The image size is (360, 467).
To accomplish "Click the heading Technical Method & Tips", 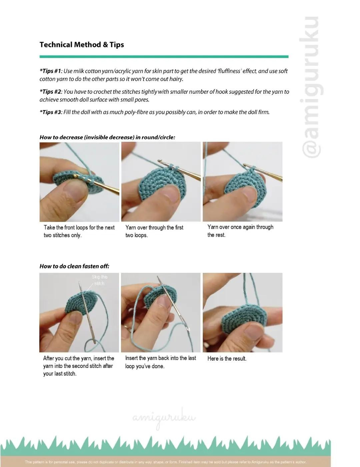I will (82, 45).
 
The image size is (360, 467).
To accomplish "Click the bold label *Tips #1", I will (50, 71).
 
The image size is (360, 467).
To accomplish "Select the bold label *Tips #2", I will (50, 92).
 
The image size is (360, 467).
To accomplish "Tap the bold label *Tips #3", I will (50, 112).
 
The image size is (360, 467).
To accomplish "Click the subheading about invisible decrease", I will (107, 137).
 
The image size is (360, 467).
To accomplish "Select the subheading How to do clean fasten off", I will (74, 266).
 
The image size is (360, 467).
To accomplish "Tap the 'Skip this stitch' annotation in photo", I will (100, 280).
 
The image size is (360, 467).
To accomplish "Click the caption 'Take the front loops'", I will (79, 231).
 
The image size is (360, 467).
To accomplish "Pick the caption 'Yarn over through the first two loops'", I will (154, 231).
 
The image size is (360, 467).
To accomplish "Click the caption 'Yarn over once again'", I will (240, 231).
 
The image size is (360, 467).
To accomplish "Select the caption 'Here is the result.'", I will (227, 359).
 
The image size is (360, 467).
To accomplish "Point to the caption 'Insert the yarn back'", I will (160, 362).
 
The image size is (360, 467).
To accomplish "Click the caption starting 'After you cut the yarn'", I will (78, 366).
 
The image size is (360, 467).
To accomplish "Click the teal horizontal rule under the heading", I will (164, 57).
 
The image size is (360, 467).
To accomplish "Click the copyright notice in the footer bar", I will (165, 462).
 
